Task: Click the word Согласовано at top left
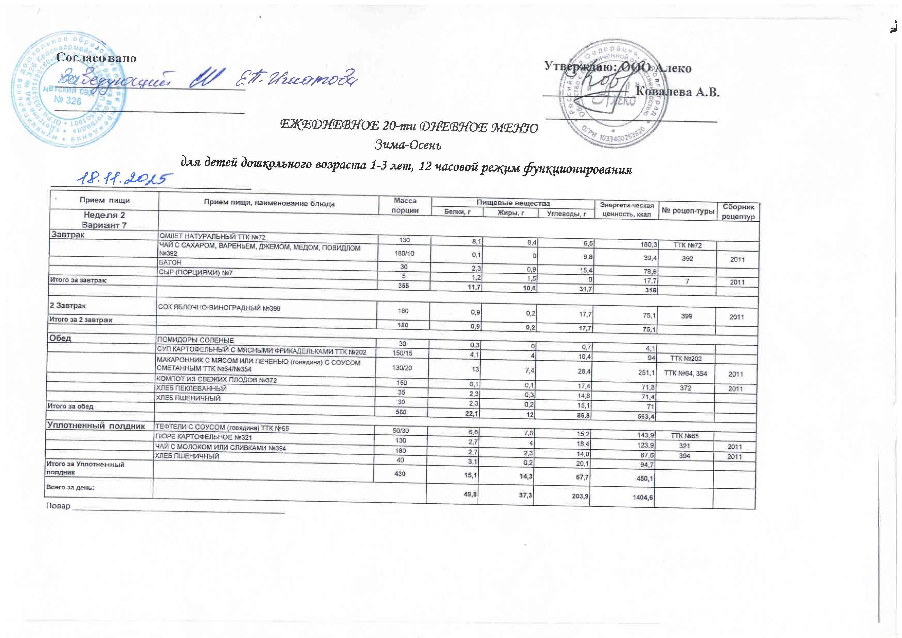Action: point(96,58)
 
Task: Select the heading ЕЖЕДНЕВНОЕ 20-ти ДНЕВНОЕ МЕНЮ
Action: point(409,127)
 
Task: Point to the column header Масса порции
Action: point(405,205)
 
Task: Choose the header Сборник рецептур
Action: point(738,212)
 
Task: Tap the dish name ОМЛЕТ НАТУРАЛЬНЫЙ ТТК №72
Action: point(212,237)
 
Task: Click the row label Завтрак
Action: point(68,235)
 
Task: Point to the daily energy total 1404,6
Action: point(643,497)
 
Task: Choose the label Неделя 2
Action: point(104,215)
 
